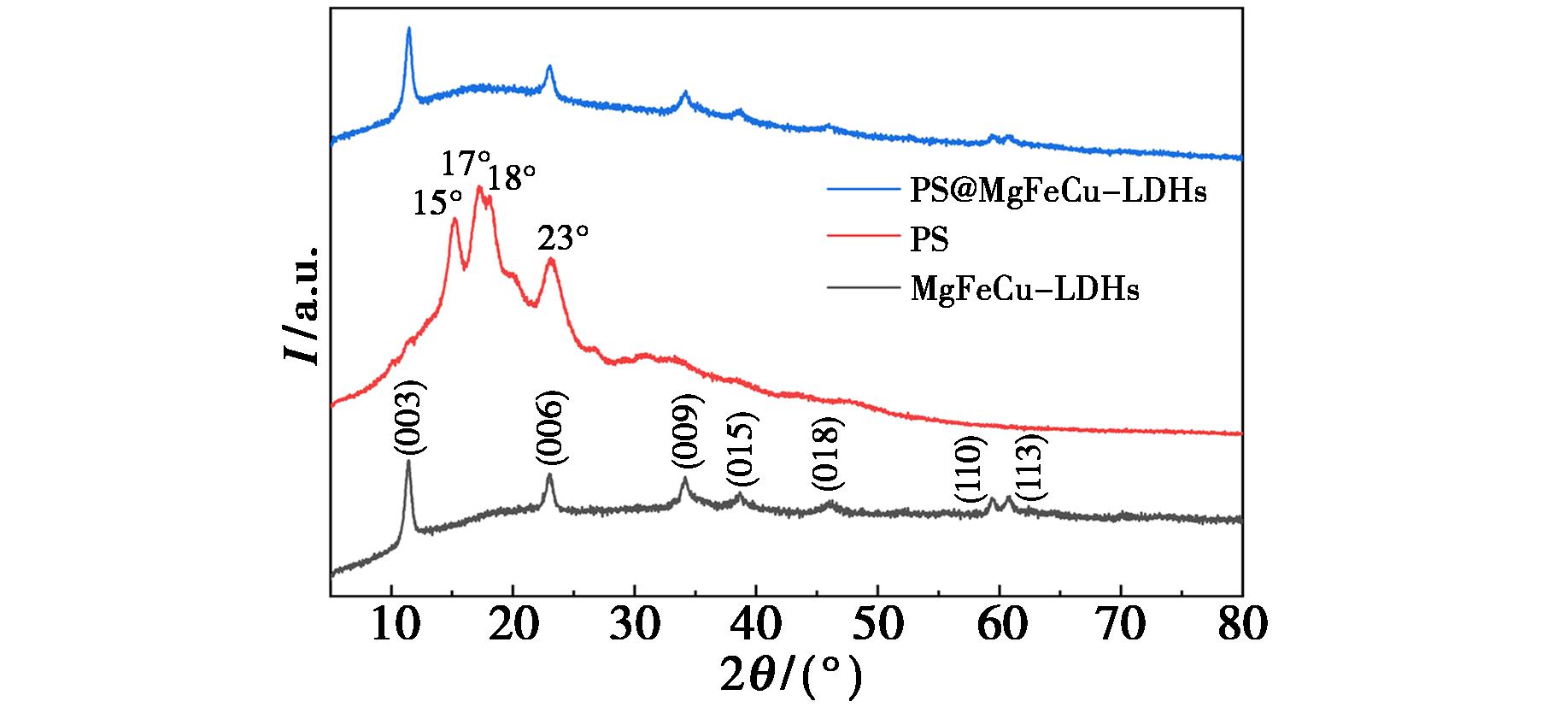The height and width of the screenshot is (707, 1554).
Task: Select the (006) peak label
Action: pos(550,428)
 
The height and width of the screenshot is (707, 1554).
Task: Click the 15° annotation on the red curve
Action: pos(437,203)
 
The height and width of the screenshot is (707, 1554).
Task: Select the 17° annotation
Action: pos(466,162)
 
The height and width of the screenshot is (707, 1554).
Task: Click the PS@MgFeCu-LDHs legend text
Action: pos(1058,191)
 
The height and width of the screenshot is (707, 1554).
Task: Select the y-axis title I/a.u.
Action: pos(302,306)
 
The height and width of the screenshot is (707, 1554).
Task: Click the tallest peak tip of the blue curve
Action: pos(408,29)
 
